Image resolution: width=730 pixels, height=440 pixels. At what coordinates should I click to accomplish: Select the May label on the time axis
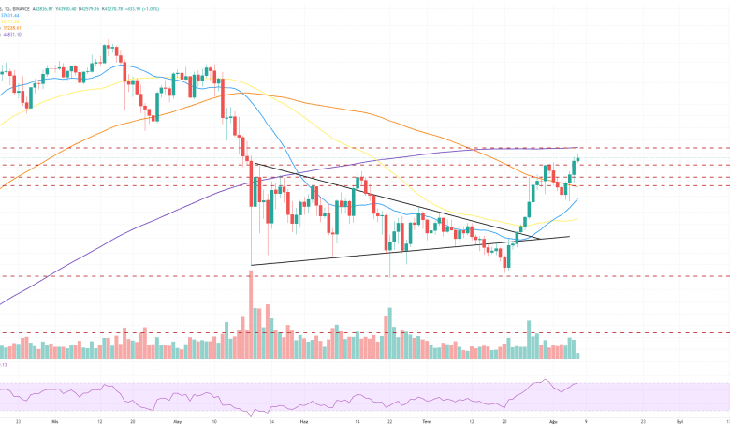click(179, 422)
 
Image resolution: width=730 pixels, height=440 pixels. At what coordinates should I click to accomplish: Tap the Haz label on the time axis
click(303, 422)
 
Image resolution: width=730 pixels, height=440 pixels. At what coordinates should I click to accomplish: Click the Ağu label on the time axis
click(552, 422)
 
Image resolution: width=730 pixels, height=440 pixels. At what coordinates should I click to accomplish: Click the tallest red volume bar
click(252, 314)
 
